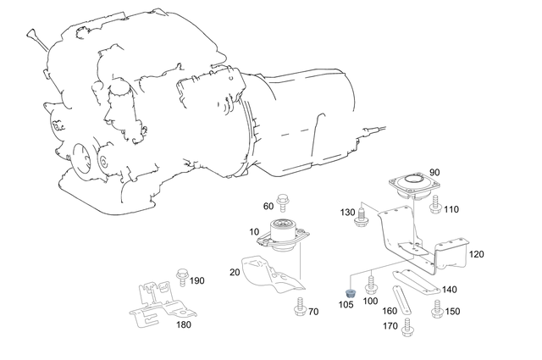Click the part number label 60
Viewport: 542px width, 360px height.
[268, 206]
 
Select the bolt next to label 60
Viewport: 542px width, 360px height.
[282, 204]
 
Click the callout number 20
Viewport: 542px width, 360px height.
[234, 273]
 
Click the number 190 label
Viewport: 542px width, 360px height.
[196, 280]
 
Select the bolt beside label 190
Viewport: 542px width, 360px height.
[180, 276]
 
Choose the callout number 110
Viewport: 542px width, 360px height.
[451, 208]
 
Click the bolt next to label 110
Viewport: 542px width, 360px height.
[435, 204]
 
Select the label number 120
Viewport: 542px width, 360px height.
[476, 254]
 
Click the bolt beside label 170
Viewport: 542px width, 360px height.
[406, 325]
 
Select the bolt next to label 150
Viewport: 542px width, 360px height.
[437, 312]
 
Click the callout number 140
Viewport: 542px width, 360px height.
[449, 289]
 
